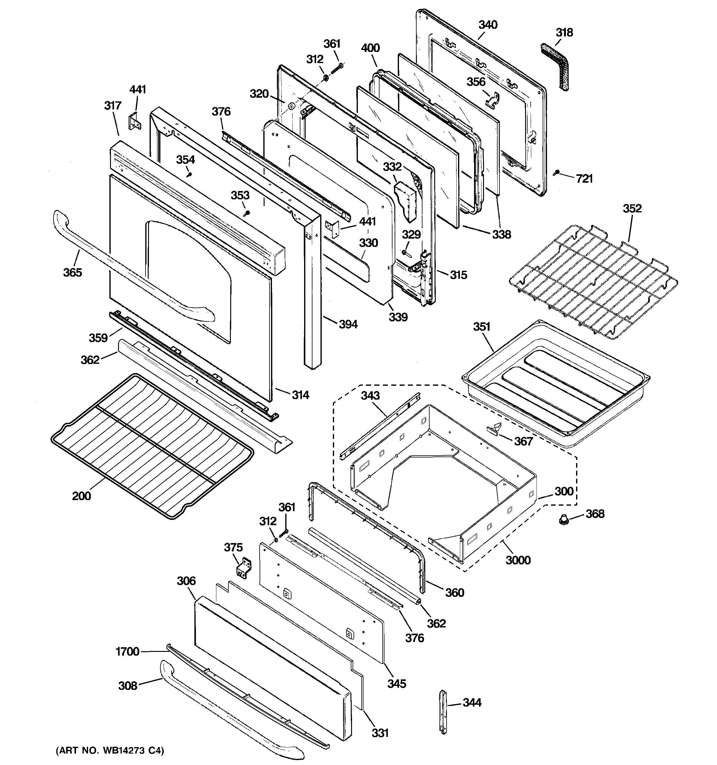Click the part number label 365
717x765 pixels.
(x=72, y=272)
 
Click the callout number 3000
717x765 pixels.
(x=518, y=560)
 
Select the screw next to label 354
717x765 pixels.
(x=189, y=175)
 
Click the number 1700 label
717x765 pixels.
(x=127, y=652)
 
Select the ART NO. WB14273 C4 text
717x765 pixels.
(x=110, y=750)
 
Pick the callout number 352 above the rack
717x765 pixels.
(x=632, y=209)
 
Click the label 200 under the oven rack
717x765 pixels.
(x=82, y=496)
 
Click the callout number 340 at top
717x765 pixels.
(x=488, y=25)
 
